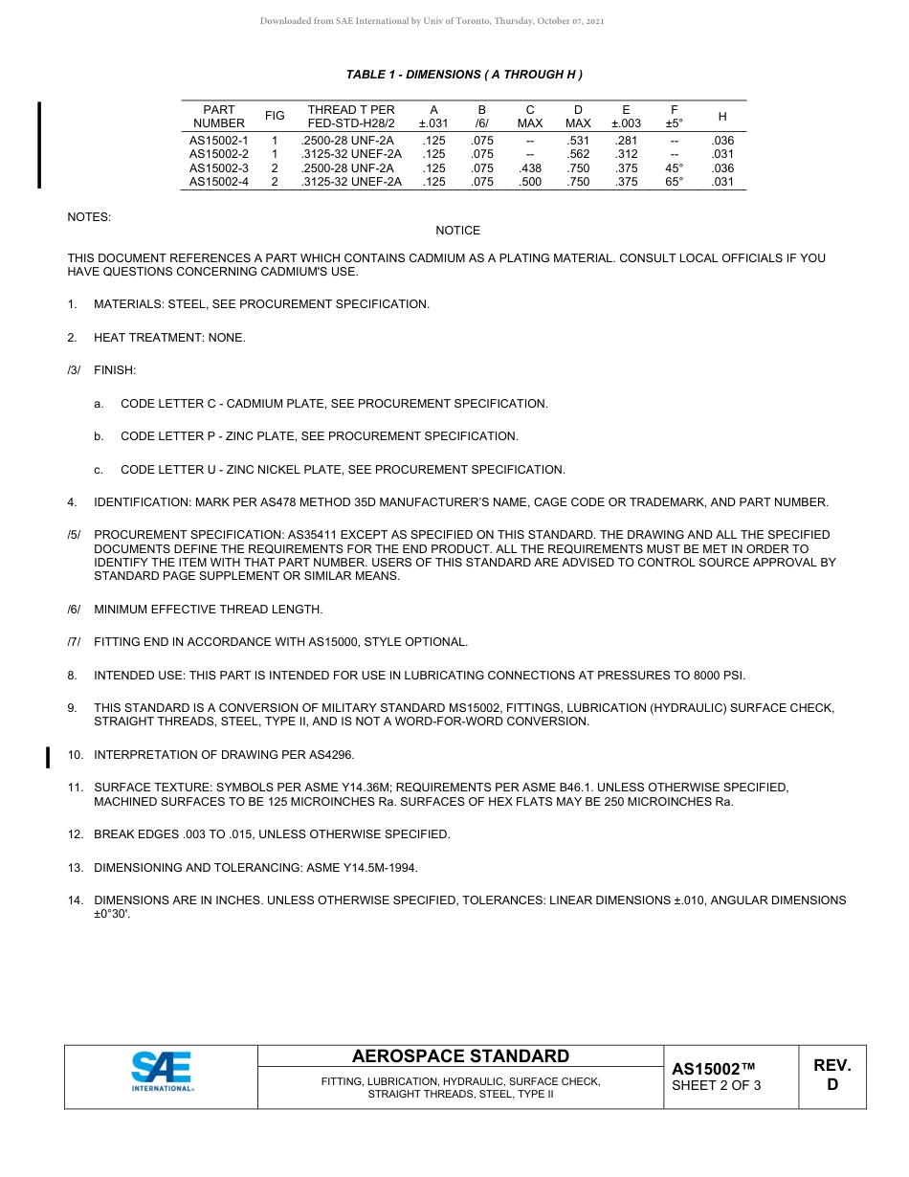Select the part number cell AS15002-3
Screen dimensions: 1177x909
pyautogui.click(x=218, y=167)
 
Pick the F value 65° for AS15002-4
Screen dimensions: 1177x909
pyautogui.click(x=675, y=182)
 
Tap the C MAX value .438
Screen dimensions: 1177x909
pyautogui.click(x=530, y=167)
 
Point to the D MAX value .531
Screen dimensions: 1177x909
pyautogui.click(x=578, y=141)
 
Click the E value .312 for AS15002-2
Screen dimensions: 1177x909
pyautogui.click(x=626, y=154)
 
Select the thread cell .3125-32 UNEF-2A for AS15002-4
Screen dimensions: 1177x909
pyautogui.click(x=351, y=182)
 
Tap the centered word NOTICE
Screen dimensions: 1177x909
pyautogui.click(x=458, y=231)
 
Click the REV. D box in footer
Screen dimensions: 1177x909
pyautogui.click(x=831, y=1075)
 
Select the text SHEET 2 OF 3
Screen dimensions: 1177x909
pyautogui.click(x=717, y=1085)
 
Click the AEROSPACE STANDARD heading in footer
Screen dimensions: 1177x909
pyautogui.click(x=460, y=1056)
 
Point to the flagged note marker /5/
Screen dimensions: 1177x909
pyautogui.click(x=74, y=535)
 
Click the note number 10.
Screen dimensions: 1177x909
pyautogui.click(x=75, y=755)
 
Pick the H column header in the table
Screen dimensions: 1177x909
pyautogui.click(x=722, y=117)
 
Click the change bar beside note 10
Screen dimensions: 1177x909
pyautogui.click(x=48, y=757)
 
